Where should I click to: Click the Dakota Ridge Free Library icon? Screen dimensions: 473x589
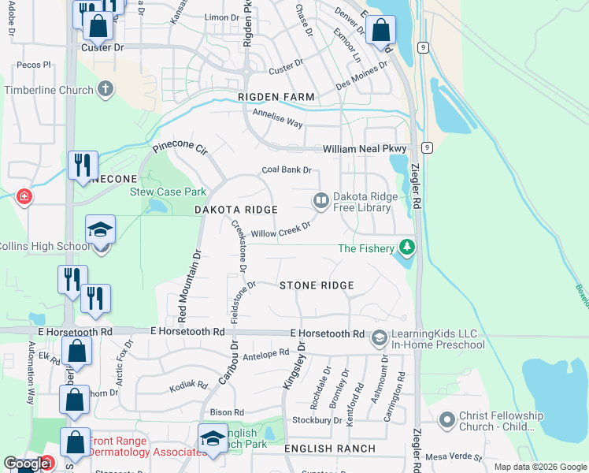[x=321, y=200]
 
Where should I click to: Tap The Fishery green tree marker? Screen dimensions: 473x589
[x=406, y=248]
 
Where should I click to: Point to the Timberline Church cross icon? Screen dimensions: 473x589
[x=106, y=90]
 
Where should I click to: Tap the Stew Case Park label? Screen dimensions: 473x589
[x=168, y=192]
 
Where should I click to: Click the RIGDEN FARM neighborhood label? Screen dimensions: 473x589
[x=276, y=97]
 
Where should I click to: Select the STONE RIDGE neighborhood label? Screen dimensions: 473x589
[x=317, y=285]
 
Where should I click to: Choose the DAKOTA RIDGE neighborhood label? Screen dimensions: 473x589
[x=236, y=210]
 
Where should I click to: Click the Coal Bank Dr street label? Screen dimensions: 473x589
[x=287, y=169]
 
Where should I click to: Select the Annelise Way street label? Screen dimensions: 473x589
[x=277, y=118]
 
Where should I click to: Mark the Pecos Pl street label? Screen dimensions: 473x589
[x=33, y=65]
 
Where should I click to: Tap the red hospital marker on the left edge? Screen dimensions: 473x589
[x=24, y=196]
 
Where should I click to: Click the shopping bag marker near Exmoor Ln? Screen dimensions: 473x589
[x=380, y=31]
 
